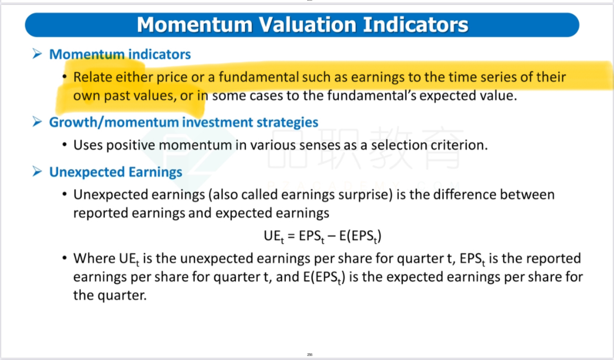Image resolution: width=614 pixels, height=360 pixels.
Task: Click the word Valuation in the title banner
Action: tap(308, 25)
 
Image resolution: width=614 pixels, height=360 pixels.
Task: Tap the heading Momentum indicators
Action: tap(120, 54)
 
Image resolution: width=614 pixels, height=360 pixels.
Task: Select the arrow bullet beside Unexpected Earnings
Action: tap(37, 172)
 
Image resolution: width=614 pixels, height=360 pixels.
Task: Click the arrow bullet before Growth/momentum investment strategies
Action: tap(37, 122)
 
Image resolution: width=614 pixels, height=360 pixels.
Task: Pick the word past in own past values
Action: tap(117, 96)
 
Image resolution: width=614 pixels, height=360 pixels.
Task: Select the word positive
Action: tap(131, 145)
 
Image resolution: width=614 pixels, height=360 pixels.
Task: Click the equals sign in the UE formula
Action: tap(291, 236)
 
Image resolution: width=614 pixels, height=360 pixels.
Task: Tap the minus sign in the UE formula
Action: tap(331, 236)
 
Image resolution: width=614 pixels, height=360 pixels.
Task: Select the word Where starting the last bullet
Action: tap(94, 258)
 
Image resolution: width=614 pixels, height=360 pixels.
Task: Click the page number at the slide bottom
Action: tap(310, 355)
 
